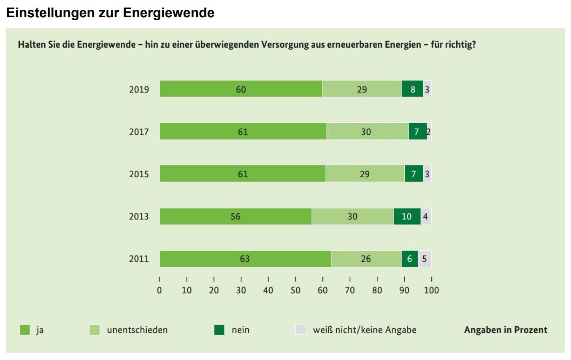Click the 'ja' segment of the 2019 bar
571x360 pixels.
(x=241, y=89)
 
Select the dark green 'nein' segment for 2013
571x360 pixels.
(x=407, y=217)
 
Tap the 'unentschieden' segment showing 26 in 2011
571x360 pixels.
(x=367, y=259)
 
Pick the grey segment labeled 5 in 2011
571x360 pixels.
(x=425, y=259)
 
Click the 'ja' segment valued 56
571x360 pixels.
(x=235, y=217)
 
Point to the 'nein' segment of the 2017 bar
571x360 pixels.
(x=418, y=131)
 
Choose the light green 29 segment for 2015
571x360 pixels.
(x=365, y=173)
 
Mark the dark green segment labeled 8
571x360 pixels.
(x=413, y=89)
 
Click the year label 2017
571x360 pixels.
(x=139, y=132)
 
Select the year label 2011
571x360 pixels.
(x=139, y=259)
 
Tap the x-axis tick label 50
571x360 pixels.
(x=295, y=290)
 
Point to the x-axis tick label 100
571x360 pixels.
(x=431, y=290)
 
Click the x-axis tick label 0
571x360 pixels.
(x=160, y=290)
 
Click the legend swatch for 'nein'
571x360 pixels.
(x=219, y=330)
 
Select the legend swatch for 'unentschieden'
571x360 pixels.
(x=95, y=330)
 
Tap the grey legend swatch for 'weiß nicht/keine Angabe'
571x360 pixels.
(x=300, y=330)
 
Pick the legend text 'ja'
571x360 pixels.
(x=40, y=330)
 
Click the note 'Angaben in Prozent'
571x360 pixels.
(x=506, y=330)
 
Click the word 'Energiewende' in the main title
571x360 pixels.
(x=168, y=13)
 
